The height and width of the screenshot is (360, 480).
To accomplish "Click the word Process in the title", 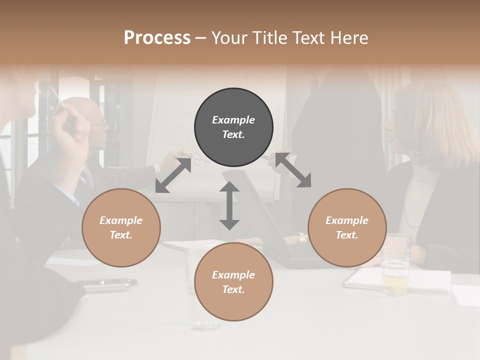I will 157,38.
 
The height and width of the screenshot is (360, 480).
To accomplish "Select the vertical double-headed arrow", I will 229,205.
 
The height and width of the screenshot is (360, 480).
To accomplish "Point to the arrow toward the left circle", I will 173,175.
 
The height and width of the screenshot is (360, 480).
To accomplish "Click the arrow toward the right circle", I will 293,170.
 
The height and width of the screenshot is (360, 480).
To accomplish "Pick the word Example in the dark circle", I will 233,120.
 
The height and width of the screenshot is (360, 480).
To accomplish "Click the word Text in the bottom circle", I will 232,289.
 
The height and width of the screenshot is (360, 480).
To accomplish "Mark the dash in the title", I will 201,38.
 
